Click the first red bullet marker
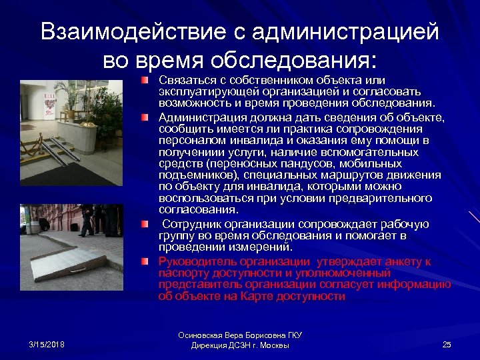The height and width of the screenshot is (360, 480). [144, 81]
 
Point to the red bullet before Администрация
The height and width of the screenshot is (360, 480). [144, 117]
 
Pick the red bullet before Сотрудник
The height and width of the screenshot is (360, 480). [144, 223]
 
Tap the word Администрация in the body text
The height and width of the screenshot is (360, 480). [199, 117]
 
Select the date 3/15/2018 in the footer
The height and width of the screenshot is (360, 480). [47, 344]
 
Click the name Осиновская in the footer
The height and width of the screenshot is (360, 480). [204, 335]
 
